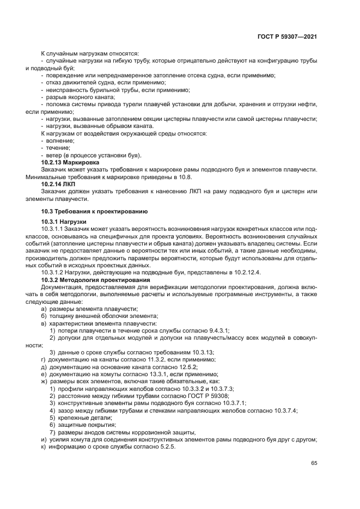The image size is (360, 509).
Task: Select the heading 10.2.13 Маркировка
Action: click(70, 162)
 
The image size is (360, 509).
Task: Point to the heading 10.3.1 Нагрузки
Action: click(64, 222)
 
